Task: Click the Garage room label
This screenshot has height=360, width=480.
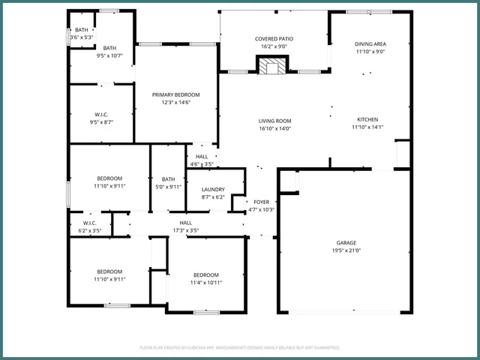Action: point(346,242)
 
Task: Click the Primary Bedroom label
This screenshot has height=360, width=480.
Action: point(176,94)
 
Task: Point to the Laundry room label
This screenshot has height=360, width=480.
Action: point(214,190)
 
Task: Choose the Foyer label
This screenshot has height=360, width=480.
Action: point(261,202)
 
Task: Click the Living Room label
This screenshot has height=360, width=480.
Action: point(274,121)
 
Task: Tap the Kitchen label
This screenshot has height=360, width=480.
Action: point(367,120)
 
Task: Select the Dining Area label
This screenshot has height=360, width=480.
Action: point(370,43)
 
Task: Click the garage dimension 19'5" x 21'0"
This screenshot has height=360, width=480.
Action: point(346,251)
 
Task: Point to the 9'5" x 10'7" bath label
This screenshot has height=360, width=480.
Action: point(109,52)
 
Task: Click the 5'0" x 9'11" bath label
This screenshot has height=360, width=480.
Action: point(168,183)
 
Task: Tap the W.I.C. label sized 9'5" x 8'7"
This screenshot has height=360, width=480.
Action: point(102,118)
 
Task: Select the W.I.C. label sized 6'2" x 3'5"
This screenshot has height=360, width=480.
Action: point(90,226)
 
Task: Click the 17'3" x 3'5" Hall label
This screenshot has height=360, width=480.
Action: point(186,226)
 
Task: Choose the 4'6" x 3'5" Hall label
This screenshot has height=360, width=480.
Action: point(202,160)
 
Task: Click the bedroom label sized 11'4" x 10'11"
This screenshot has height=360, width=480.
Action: point(205,279)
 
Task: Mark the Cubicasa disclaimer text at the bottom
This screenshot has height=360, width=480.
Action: point(240,347)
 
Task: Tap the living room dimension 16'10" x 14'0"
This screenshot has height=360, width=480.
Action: point(274,129)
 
